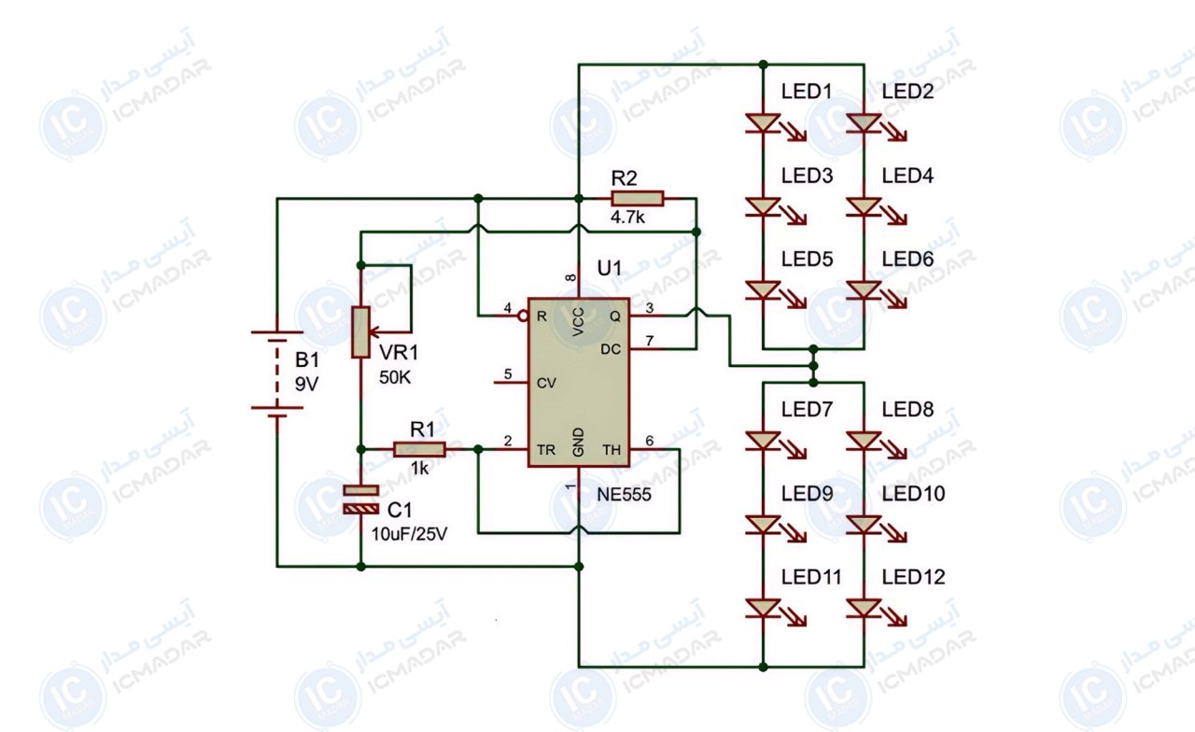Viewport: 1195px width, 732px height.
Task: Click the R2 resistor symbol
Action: click(638, 199)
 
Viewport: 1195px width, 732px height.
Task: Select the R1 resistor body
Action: click(419, 449)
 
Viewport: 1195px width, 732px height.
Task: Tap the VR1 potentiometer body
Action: click(360, 331)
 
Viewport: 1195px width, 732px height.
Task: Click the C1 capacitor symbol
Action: click(361, 500)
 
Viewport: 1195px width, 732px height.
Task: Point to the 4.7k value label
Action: click(627, 218)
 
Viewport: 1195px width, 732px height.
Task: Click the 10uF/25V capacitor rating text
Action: click(409, 533)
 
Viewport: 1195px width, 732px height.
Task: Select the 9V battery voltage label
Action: click(307, 384)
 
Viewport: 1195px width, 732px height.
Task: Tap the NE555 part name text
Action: click(624, 495)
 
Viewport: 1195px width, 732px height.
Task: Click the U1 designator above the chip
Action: click(610, 268)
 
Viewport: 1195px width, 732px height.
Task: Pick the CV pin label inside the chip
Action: click(546, 383)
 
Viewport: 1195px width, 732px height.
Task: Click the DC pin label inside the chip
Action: click(611, 349)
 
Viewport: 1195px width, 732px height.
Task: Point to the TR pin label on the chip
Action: click(546, 450)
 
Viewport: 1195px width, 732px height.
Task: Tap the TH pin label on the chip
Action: click(612, 450)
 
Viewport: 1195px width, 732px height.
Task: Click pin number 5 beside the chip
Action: click(508, 374)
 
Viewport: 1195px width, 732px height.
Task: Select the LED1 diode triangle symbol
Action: click(763, 122)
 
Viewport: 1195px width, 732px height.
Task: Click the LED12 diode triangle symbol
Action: click(864, 608)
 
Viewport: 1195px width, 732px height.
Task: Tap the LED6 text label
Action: click(907, 260)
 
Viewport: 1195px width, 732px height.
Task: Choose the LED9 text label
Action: click(808, 494)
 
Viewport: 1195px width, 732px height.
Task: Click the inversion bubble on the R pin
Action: click(523, 316)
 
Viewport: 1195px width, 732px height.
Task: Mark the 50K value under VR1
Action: click(395, 378)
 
